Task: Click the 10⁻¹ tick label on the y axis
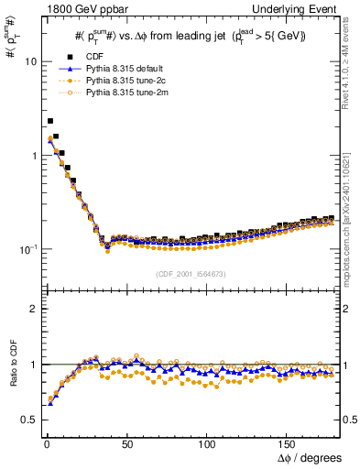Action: coord(27,249)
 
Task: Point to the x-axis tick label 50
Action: coord(128,442)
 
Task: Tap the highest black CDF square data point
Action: coord(50,121)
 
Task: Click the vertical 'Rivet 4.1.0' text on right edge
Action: coord(352,64)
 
